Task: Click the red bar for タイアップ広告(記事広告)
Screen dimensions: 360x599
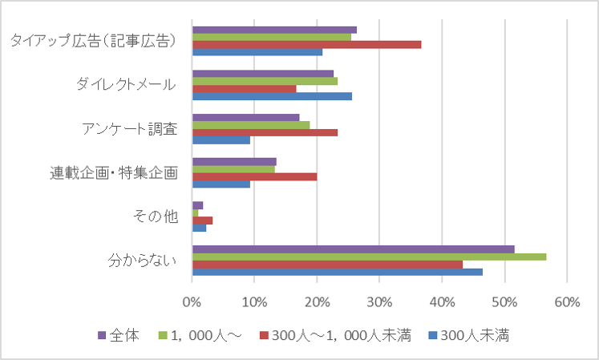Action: point(306,44)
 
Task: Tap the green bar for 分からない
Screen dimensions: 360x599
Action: point(369,257)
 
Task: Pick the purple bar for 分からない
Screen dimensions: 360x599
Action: point(353,249)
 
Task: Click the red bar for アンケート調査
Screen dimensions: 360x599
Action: point(265,132)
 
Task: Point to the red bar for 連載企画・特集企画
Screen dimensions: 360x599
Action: point(254,176)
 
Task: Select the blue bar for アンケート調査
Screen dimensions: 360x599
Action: point(221,140)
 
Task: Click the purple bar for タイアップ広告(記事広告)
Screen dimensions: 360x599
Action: point(274,30)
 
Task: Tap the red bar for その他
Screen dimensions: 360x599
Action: point(202,220)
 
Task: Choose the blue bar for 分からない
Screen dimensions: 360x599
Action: point(337,272)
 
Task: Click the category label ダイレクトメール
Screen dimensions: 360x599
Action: point(126,84)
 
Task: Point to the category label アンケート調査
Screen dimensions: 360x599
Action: point(129,128)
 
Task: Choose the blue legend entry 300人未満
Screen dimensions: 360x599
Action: point(474,335)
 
